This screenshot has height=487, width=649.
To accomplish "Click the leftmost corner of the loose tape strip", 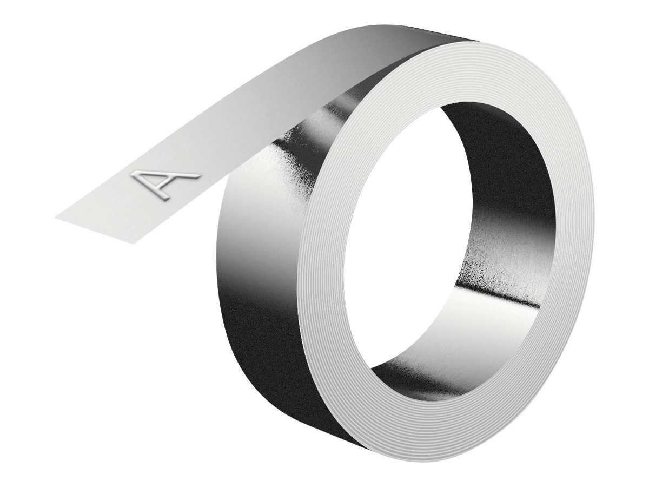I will click(x=56, y=217).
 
